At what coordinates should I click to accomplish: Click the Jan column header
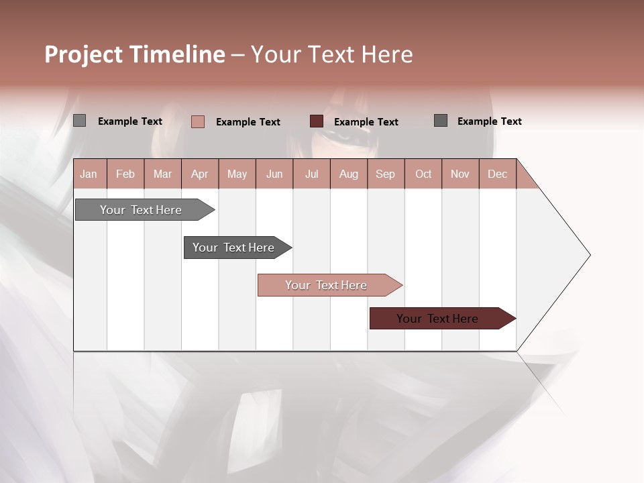point(89,174)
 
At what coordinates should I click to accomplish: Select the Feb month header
point(125,174)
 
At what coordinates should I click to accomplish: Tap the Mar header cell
point(162,174)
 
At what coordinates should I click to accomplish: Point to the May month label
point(237,174)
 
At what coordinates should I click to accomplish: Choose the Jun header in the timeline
point(274,174)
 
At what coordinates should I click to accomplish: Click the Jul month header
point(311,174)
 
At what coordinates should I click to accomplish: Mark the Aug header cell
point(349,174)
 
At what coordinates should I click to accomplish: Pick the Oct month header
point(423,174)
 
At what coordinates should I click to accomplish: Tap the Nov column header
point(460,174)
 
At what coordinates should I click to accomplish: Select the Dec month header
point(497,174)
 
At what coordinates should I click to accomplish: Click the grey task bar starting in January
point(141,210)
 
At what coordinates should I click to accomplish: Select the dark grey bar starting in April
point(233,248)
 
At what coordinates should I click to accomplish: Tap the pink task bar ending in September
point(326,285)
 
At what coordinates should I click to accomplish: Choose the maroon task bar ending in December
point(437,319)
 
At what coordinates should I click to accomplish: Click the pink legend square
point(198,121)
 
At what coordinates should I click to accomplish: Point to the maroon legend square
point(317,121)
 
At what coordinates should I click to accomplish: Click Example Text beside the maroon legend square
point(366,121)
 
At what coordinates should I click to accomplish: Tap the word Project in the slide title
point(83,54)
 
